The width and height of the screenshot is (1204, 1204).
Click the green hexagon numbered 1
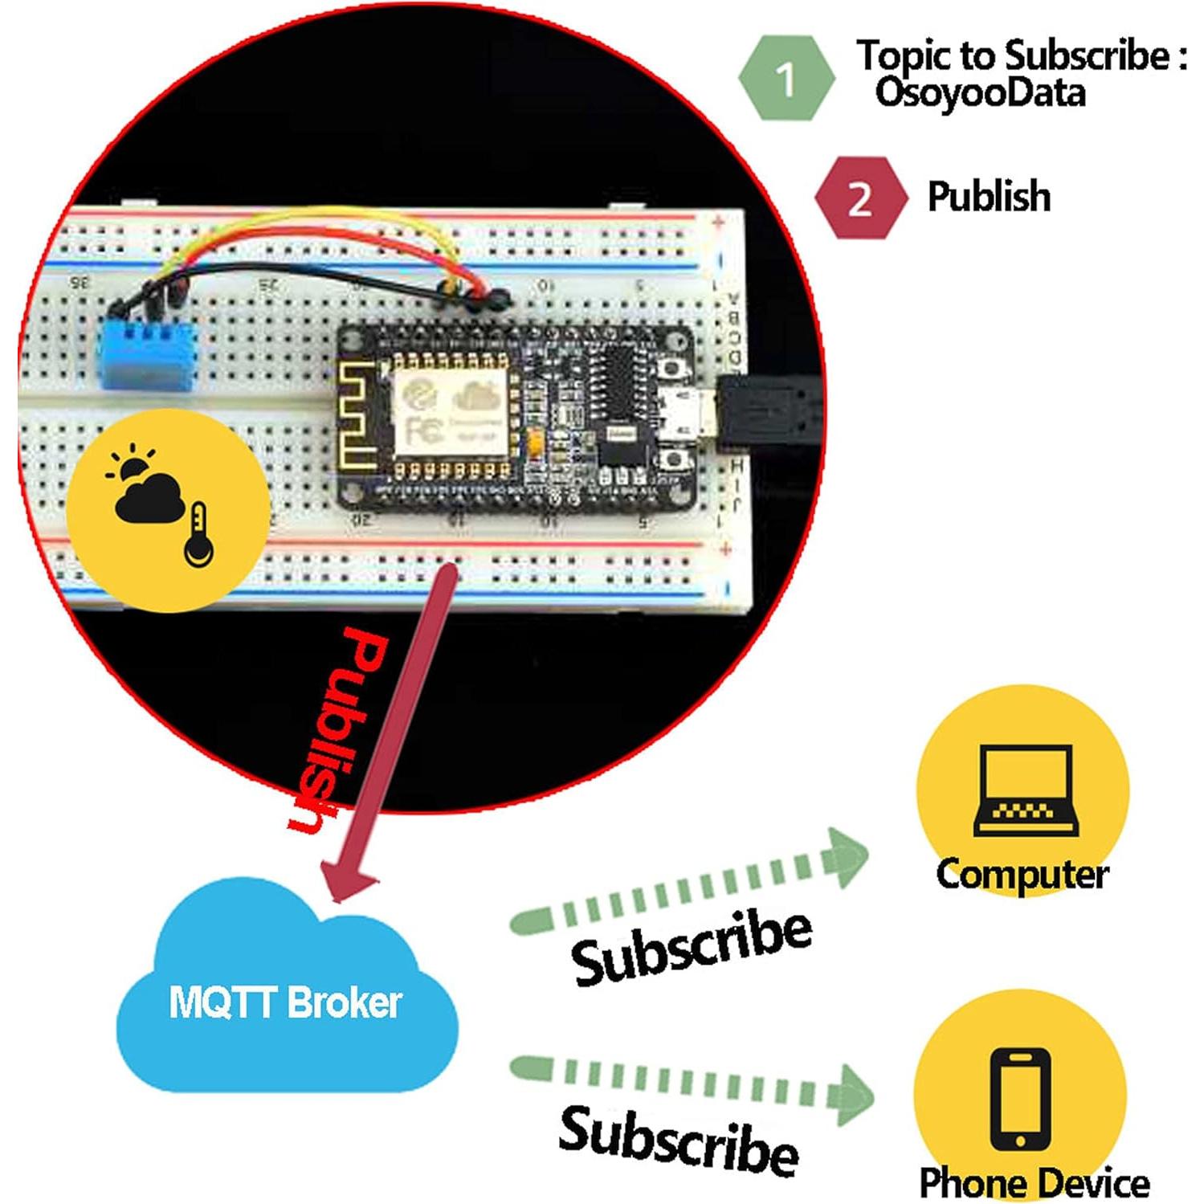[786, 79]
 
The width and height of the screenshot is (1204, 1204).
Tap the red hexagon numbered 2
[860, 198]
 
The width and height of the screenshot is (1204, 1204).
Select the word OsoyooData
[980, 92]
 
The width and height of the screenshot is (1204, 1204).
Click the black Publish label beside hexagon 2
[989, 197]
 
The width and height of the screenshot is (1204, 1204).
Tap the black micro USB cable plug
[767, 414]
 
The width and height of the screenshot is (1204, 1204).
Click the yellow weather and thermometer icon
[167, 509]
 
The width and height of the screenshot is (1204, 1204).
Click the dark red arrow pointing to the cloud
[394, 731]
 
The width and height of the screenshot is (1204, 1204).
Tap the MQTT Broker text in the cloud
[285, 1002]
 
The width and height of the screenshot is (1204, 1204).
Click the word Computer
[1022, 874]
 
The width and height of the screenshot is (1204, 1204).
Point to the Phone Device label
[1034, 1182]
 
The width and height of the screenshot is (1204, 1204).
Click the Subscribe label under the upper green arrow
[691, 948]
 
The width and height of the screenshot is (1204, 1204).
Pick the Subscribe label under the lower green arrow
[679, 1141]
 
